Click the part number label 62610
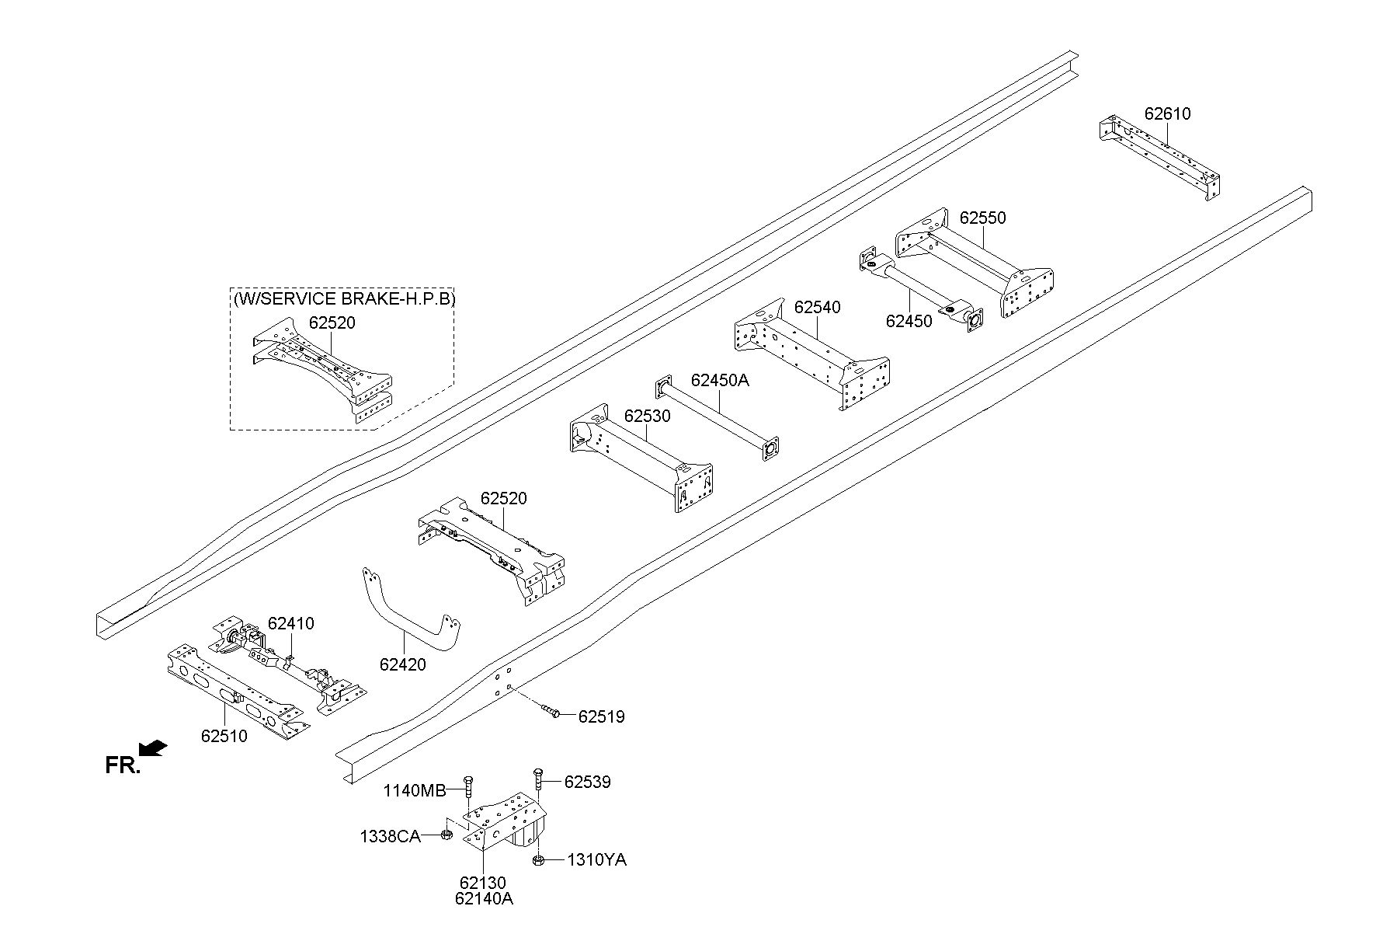(1166, 114)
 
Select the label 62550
(982, 218)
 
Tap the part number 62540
(817, 308)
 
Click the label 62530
(647, 416)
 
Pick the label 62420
(402, 664)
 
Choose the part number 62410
(290, 623)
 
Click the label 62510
(224, 736)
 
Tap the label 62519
(601, 716)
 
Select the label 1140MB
(415, 791)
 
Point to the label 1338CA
(390, 837)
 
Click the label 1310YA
(596, 859)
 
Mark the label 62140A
(485, 899)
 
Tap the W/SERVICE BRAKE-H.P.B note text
(343, 298)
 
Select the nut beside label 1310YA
(537, 860)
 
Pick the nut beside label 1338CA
(447, 835)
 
